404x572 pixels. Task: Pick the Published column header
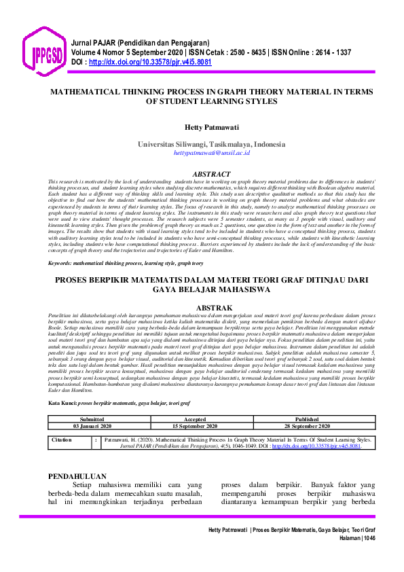307,419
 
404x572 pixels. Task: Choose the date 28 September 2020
307,426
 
